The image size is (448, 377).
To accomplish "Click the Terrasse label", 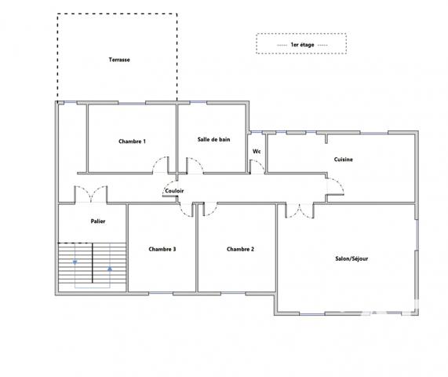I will tap(119, 60).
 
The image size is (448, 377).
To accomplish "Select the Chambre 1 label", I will tap(132, 141).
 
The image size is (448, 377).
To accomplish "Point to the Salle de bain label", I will tap(213, 139).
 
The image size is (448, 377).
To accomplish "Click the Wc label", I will tap(257, 152).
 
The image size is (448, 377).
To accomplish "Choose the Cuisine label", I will tap(343, 159).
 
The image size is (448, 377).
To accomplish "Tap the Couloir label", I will tap(175, 191).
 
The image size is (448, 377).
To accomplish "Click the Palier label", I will tap(97, 221).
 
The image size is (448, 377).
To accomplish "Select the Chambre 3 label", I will tap(162, 249).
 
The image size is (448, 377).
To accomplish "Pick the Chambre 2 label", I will tap(240, 249).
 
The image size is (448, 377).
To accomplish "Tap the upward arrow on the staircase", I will tap(110, 269).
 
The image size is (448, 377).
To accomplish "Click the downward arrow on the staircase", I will tap(75, 262).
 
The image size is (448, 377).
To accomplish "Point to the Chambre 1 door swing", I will tap(160, 166).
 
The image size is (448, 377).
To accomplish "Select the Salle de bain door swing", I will tap(194, 166).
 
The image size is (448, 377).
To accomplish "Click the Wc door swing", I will tap(256, 166).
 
